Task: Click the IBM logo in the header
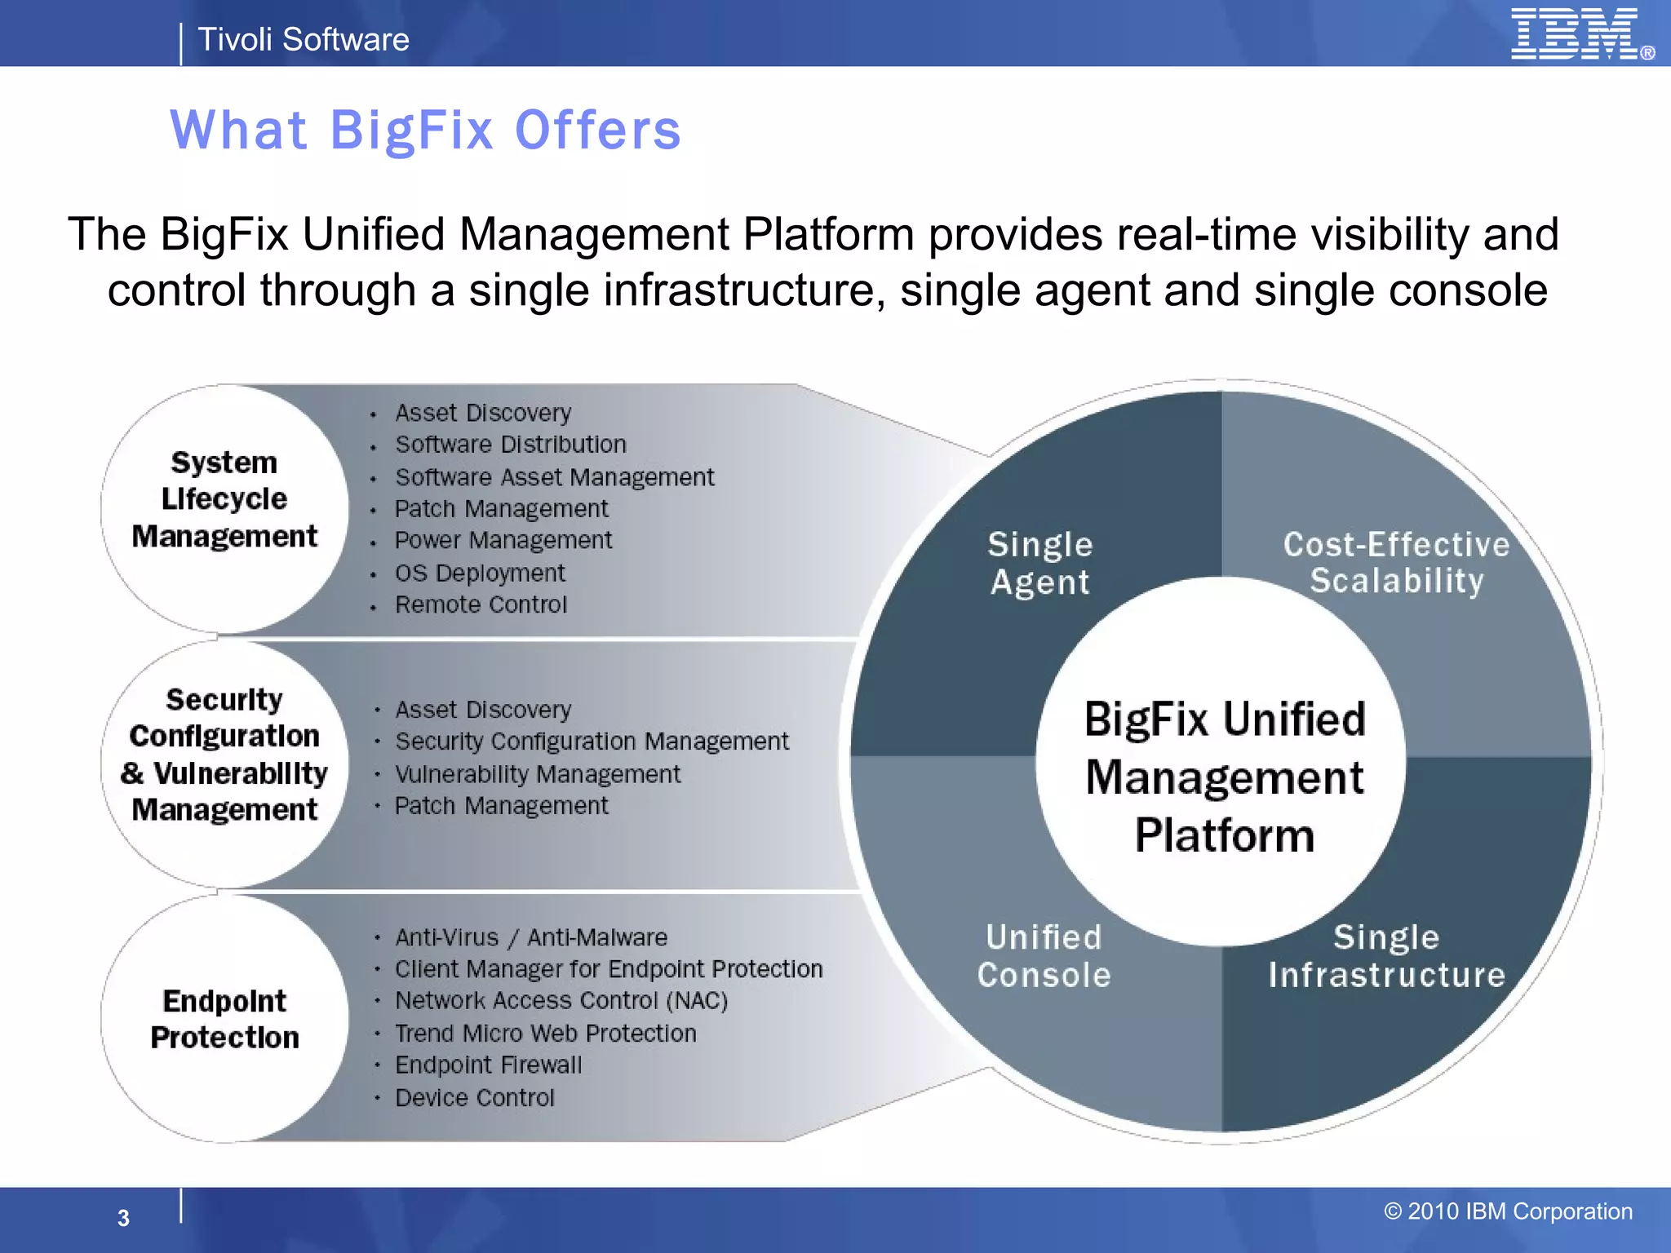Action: pyautogui.click(x=1579, y=34)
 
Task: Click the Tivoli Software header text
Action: pyautogui.click(x=303, y=39)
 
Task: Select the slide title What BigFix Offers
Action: pyautogui.click(x=425, y=131)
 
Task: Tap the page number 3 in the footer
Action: pyautogui.click(x=123, y=1218)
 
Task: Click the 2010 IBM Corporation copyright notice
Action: pyautogui.click(x=1508, y=1211)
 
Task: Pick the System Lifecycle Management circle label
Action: pyautogui.click(x=224, y=499)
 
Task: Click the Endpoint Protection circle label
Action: pyautogui.click(x=224, y=1019)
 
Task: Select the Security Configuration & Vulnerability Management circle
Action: pyautogui.click(x=224, y=755)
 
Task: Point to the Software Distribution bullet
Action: pyautogui.click(x=511, y=445)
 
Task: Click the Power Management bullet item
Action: pyautogui.click(x=503, y=540)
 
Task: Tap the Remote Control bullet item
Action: pyautogui.click(x=481, y=604)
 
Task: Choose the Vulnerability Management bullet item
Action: pyautogui.click(x=537, y=774)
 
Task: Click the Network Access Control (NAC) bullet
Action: pyautogui.click(x=561, y=1001)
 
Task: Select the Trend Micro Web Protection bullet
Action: pyautogui.click(x=545, y=1034)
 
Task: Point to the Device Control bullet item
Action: pyautogui.click(x=474, y=1098)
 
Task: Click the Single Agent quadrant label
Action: pyautogui.click(x=1039, y=563)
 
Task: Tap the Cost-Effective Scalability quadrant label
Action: pyautogui.click(x=1396, y=563)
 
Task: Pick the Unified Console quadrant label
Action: pyautogui.click(x=1044, y=956)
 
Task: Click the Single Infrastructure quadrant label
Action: pyautogui.click(x=1386, y=956)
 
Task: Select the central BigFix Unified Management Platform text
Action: pyautogui.click(x=1224, y=777)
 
